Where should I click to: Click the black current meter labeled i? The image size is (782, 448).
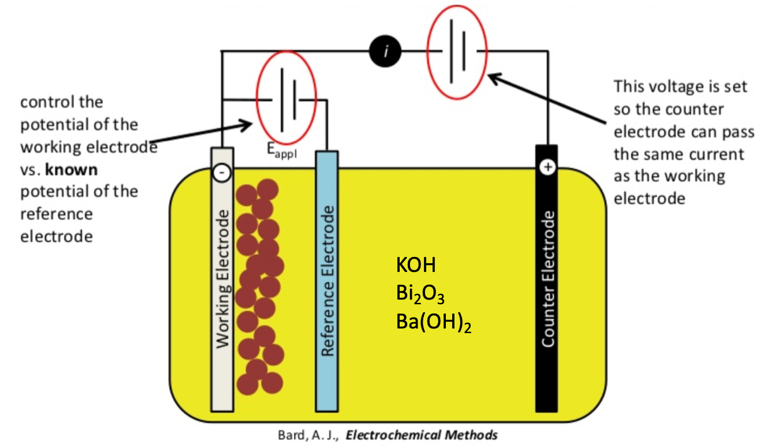(x=386, y=52)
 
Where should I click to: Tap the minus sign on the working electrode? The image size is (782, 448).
(x=222, y=172)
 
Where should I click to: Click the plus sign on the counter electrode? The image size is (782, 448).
(x=547, y=167)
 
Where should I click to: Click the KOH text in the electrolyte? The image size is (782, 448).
(x=416, y=266)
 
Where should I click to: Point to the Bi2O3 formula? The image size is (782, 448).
(x=420, y=294)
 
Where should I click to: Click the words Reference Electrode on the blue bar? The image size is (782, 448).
(x=327, y=281)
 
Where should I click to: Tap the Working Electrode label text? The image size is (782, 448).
(x=222, y=279)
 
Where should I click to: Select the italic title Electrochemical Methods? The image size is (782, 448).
(x=421, y=435)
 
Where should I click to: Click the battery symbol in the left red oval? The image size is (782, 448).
(x=287, y=99)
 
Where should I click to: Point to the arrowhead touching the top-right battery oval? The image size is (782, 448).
(x=491, y=75)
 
